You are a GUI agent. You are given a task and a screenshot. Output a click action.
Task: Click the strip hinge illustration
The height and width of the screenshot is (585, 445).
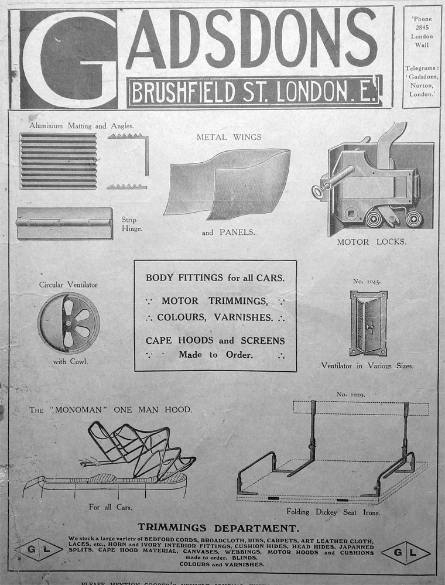(64, 223)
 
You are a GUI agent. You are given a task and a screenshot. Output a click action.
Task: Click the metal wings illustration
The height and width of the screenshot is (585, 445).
(230, 183)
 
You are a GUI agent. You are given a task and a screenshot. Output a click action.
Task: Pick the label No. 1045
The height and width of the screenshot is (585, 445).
(367, 281)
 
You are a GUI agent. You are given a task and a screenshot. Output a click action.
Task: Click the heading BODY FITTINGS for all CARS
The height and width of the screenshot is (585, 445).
(215, 278)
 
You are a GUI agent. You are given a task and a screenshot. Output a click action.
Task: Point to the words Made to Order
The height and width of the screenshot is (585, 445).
(215, 354)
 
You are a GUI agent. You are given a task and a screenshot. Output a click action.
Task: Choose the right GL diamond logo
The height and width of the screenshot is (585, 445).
(405, 552)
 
